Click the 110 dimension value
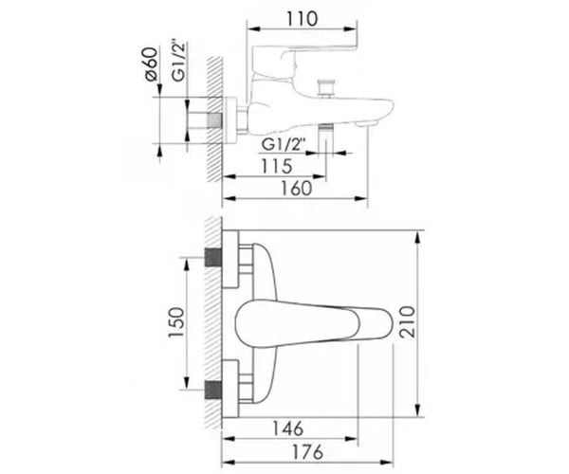(x=302, y=19)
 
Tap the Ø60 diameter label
(x=152, y=64)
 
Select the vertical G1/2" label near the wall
(x=178, y=61)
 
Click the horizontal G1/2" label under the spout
(x=283, y=145)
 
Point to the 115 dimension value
(x=277, y=167)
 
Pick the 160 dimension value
(x=297, y=189)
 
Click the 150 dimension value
(x=176, y=322)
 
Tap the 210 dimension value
(x=407, y=321)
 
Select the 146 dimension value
(x=287, y=428)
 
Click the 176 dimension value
(x=307, y=452)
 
